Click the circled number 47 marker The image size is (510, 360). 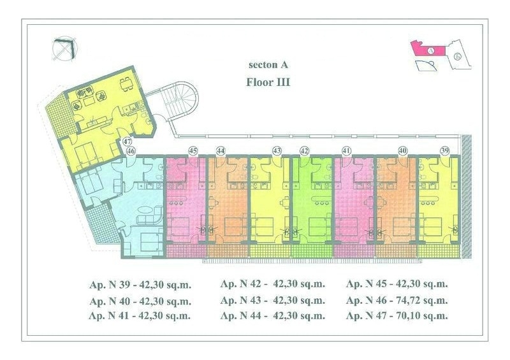click(x=127, y=142)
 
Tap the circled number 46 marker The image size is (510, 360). click(x=131, y=151)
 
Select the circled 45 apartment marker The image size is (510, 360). click(x=193, y=151)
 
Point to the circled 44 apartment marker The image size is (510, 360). click(x=221, y=151)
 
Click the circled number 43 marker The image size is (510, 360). click(x=277, y=151)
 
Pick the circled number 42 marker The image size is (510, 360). click(x=304, y=151)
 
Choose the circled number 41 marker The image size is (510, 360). click(x=346, y=151)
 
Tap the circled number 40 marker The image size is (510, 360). click(x=403, y=150)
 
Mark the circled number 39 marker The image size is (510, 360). click(x=444, y=150)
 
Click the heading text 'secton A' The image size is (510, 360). click(x=268, y=65)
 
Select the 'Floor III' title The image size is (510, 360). click(x=268, y=82)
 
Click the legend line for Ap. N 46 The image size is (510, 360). click(x=397, y=300)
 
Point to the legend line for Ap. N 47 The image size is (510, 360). click(x=397, y=315)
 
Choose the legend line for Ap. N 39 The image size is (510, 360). click(x=140, y=285)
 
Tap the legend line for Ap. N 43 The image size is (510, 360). click(x=273, y=300)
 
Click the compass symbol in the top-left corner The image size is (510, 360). click(x=66, y=50)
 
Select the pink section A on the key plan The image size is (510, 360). click(x=428, y=50)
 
